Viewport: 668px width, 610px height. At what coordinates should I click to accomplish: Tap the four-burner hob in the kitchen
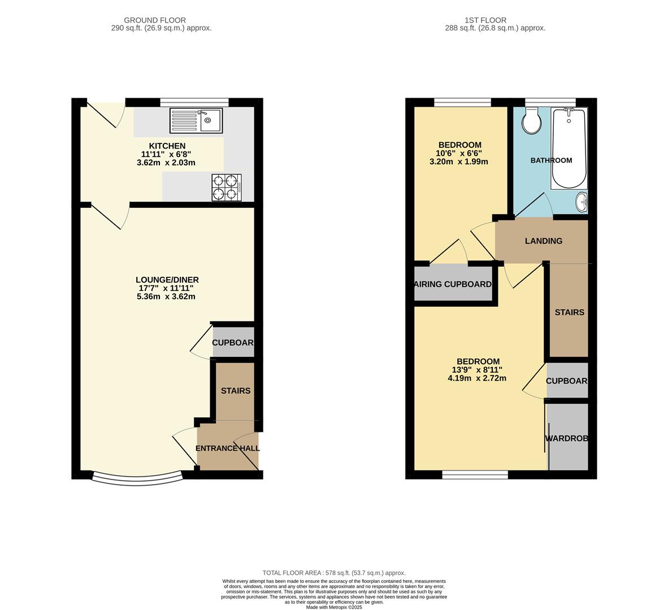(x=226, y=188)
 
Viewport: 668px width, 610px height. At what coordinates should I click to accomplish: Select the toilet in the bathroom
(x=531, y=121)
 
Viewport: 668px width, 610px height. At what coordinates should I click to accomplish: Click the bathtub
(x=569, y=149)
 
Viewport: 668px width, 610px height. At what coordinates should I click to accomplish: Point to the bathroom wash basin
(x=581, y=201)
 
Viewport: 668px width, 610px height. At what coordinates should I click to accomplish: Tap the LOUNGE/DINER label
(x=167, y=280)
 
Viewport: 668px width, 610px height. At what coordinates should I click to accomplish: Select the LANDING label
(x=543, y=241)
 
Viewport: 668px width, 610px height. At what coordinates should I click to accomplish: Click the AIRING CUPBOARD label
(x=453, y=284)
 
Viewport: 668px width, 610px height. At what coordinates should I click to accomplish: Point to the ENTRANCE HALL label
(x=228, y=448)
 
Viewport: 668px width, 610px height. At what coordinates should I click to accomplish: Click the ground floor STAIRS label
(x=235, y=391)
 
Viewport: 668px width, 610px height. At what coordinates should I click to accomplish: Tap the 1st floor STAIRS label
(x=569, y=312)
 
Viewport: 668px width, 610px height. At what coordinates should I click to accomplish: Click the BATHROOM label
(x=550, y=160)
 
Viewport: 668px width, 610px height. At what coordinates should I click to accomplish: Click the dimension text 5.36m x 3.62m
(x=166, y=297)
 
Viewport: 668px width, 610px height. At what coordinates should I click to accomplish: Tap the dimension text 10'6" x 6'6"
(x=458, y=153)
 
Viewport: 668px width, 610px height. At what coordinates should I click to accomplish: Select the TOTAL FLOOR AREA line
(x=333, y=573)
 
